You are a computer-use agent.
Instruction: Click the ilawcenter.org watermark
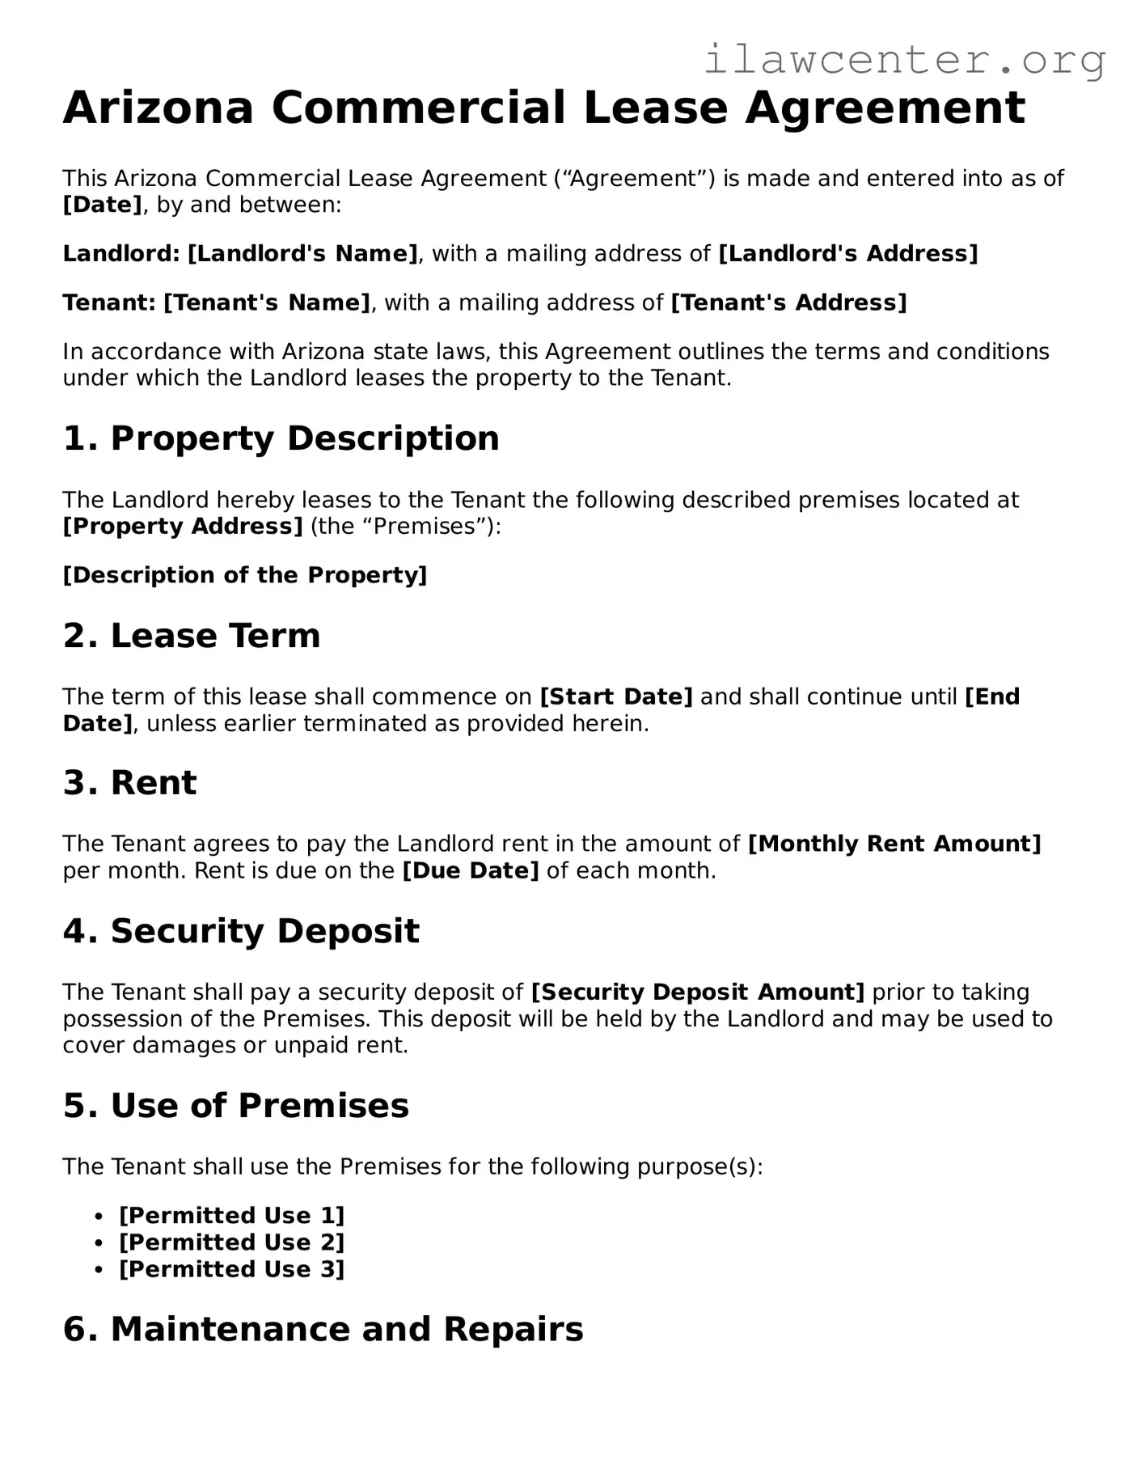[x=904, y=60]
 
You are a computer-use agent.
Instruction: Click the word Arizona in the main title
[x=158, y=108]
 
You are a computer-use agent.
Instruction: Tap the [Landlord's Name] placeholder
[x=302, y=254]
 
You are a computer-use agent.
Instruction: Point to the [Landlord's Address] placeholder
[x=848, y=254]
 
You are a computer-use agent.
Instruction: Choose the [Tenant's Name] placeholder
[x=267, y=303]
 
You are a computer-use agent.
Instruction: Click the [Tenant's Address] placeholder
[x=788, y=303]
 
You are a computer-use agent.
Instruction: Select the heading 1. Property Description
[x=281, y=438]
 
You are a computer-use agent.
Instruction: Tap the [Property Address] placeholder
[x=183, y=527]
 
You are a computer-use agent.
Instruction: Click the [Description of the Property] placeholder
[x=245, y=576]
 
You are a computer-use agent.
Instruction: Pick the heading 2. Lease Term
[x=192, y=636]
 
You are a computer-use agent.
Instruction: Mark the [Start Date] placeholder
[x=616, y=697]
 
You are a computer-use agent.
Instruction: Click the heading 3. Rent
[x=129, y=783]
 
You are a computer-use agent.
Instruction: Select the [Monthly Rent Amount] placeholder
[x=894, y=844]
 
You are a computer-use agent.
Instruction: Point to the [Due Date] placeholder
[x=471, y=871]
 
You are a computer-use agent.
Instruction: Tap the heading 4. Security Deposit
[x=241, y=931]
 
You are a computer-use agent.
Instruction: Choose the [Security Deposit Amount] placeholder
[x=698, y=992]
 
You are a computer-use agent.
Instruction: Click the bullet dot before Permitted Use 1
[x=99, y=1217]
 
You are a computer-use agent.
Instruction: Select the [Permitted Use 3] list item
[x=232, y=1270]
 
